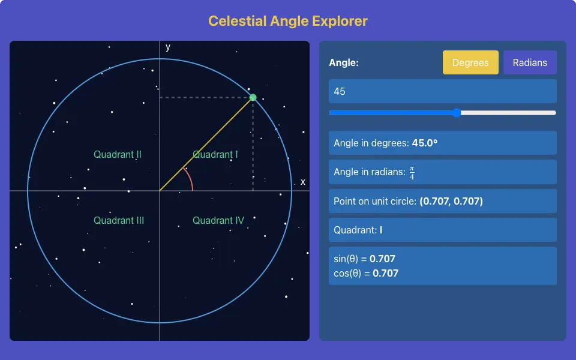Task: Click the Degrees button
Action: pyautogui.click(x=470, y=62)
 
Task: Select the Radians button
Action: pyautogui.click(x=530, y=62)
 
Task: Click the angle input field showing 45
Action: pyautogui.click(x=442, y=91)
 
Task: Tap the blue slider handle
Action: pyautogui.click(x=457, y=113)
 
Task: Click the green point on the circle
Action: pyautogui.click(x=253, y=97)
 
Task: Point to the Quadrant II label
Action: pyautogui.click(x=118, y=154)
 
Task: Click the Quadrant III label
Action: pyautogui.click(x=119, y=220)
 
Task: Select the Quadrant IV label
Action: pyautogui.click(x=218, y=220)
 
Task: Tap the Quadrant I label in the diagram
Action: pyautogui.click(x=215, y=154)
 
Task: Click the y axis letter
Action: pyautogui.click(x=168, y=47)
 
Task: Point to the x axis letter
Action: pyautogui.click(x=302, y=182)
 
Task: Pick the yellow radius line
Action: pyautogui.click(x=206, y=144)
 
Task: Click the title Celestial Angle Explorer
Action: pyautogui.click(x=288, y=21)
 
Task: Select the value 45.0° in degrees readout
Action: pyautogui.click(x=425, y=143)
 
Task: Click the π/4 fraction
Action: pyautogui.click(x=412, y=173)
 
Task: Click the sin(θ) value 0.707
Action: pyautogui.click(x=382, y=259)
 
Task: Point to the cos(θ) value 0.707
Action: pyautogui.click(x=385, y=274)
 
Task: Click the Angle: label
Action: pyautogui.click(x=344, y=62)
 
